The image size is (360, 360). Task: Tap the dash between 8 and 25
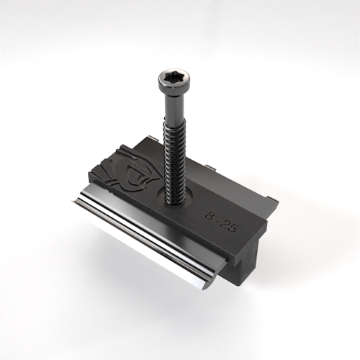coord(219,220)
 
